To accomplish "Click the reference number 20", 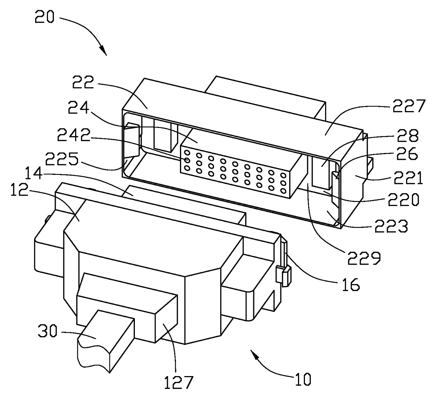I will [45, 18].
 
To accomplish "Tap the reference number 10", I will [303, 379].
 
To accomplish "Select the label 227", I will [409, 107].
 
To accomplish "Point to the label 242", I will [74, 136].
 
